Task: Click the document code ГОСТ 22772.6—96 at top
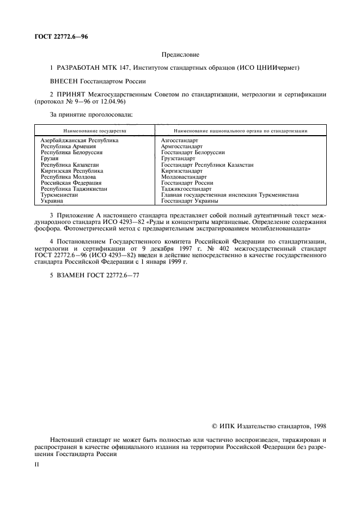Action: click(x=60, y=37)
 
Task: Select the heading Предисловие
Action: click(x=180, y=54)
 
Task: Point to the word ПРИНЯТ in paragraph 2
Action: click(x=70, y=94)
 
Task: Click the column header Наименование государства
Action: click(x=95, y=131)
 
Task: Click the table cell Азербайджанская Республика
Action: click(x=79, y=140)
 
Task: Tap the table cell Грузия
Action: click(x=50, y=158)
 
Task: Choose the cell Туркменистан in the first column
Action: click(x=59, y=195)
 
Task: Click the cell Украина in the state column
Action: click(x=52, y=201)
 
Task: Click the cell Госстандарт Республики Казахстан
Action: click(x=208, y=165)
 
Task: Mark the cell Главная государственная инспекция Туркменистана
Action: click(x=229, y=195)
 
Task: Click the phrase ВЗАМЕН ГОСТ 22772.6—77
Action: click(x=94, y=275)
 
